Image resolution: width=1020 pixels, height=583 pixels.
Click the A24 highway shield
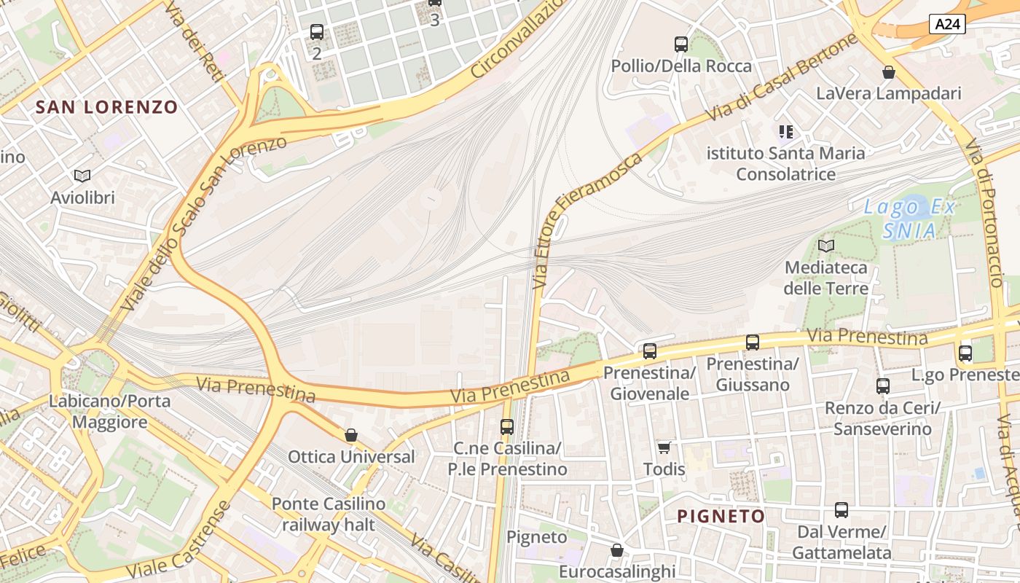tap(947, 24)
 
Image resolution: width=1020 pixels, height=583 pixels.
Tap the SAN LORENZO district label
tap(106, 107)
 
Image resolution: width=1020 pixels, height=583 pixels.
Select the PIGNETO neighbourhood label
tap(721, 517)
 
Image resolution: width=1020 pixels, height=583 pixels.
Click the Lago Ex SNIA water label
tap(909, 219)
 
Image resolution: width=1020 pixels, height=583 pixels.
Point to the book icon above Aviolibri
tap(82, 176)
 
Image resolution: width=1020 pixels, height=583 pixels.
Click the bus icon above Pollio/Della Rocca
tap(681, 44)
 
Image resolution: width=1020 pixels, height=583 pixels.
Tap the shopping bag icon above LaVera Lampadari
tap(888, 72)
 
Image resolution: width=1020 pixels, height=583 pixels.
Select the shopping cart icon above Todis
tap(664, 447)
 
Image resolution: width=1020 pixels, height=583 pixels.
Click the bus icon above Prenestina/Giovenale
tap(649, 351)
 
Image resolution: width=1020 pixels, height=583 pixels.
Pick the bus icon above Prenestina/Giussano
tap(753, 342)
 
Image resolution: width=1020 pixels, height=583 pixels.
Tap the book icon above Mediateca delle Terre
tap(825, 246)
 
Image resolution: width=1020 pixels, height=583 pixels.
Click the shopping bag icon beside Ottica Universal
tap(351, 435)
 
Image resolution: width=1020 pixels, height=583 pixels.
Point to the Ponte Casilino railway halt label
tap(328, 514)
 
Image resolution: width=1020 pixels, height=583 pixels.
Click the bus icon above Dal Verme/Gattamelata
tap(841, 510)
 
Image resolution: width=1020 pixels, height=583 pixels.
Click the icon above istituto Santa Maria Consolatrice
tap(785, 132)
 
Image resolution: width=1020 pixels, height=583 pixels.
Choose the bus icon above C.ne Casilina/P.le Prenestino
tap(507, 427)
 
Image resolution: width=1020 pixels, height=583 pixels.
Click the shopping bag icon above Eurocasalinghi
tap(617, 550)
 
